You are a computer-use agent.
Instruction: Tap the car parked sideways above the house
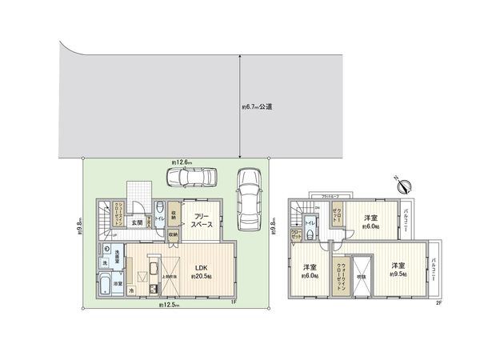coord(195,177)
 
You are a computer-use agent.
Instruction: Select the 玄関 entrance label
coord(138,223)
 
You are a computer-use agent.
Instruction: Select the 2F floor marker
coord(438,302)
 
